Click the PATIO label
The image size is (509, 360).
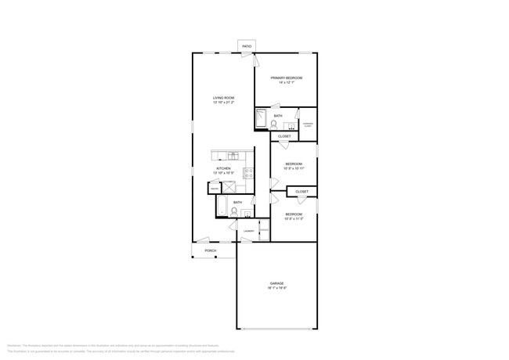247,47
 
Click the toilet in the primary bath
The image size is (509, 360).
274,124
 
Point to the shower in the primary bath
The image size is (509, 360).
262,118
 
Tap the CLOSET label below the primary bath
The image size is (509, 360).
284,136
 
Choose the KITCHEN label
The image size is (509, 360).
223,169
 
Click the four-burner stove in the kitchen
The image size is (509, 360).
248,173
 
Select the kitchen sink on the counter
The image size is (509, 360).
233,154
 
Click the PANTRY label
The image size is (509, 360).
214,187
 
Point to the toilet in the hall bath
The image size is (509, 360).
234,211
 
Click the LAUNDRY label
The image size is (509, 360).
248,231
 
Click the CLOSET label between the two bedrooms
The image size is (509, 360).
301,192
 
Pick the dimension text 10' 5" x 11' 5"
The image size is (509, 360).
294,218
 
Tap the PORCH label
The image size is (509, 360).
211,250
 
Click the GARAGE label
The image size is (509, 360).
277,283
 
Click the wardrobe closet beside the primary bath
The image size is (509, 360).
308,124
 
